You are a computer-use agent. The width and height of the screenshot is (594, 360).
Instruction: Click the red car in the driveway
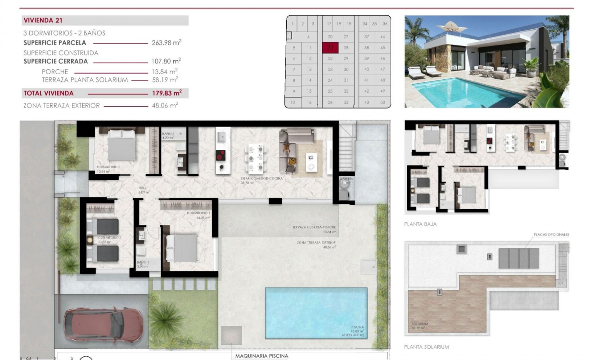pyautogui.click(x=101, y=322)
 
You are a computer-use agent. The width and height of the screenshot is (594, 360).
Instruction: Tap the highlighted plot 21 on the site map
pyautogui.click(x=330, y=47)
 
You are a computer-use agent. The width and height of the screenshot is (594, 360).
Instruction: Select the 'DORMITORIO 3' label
pyautogui.click(x=108, y=167)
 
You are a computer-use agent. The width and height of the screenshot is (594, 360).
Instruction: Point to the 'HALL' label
pyautogui.click(x=142, y=188)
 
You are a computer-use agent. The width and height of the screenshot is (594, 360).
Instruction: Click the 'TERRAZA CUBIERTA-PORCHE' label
pyautogui.click(x=314, y=227)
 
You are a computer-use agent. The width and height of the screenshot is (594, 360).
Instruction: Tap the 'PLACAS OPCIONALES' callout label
pyautogui.click(x=551, y=234)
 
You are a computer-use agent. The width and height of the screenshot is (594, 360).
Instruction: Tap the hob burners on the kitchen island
pyautogui.click(x=221, y=156)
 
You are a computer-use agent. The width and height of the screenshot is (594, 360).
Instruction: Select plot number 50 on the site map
pyautogui.click(x=382, y=103)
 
